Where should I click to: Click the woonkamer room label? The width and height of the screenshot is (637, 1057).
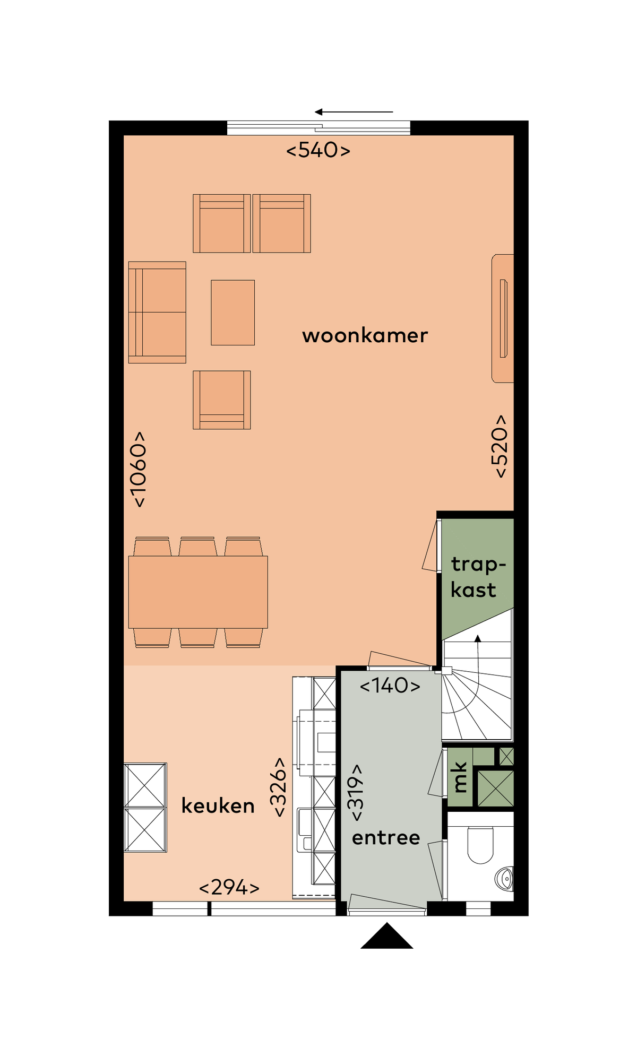point(365,335)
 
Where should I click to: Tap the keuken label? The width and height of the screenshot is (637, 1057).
point(218,805)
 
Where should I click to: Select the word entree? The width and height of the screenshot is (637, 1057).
point(386,837)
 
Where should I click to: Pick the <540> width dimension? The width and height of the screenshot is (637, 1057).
point(318,150)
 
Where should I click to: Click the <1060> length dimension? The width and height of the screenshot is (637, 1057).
point(138,469)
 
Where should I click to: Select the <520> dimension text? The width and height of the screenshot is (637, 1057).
point(500,446)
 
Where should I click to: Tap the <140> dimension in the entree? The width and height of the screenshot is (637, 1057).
point(390,686)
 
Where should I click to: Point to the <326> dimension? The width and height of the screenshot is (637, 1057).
point(278,787)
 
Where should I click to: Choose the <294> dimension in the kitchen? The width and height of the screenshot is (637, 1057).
point(229,887)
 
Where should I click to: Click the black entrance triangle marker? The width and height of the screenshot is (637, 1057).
point(387,935)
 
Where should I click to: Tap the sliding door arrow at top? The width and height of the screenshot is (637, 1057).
point(354,112)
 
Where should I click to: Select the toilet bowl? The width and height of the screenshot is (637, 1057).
point(480,845)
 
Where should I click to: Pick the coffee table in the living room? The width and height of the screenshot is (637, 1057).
point(233,313)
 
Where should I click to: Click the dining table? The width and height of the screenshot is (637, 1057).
point(198,592)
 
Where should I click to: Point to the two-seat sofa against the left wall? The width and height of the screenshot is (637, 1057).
point(157,313)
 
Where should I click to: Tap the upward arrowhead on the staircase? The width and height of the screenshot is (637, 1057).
point(478,638)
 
